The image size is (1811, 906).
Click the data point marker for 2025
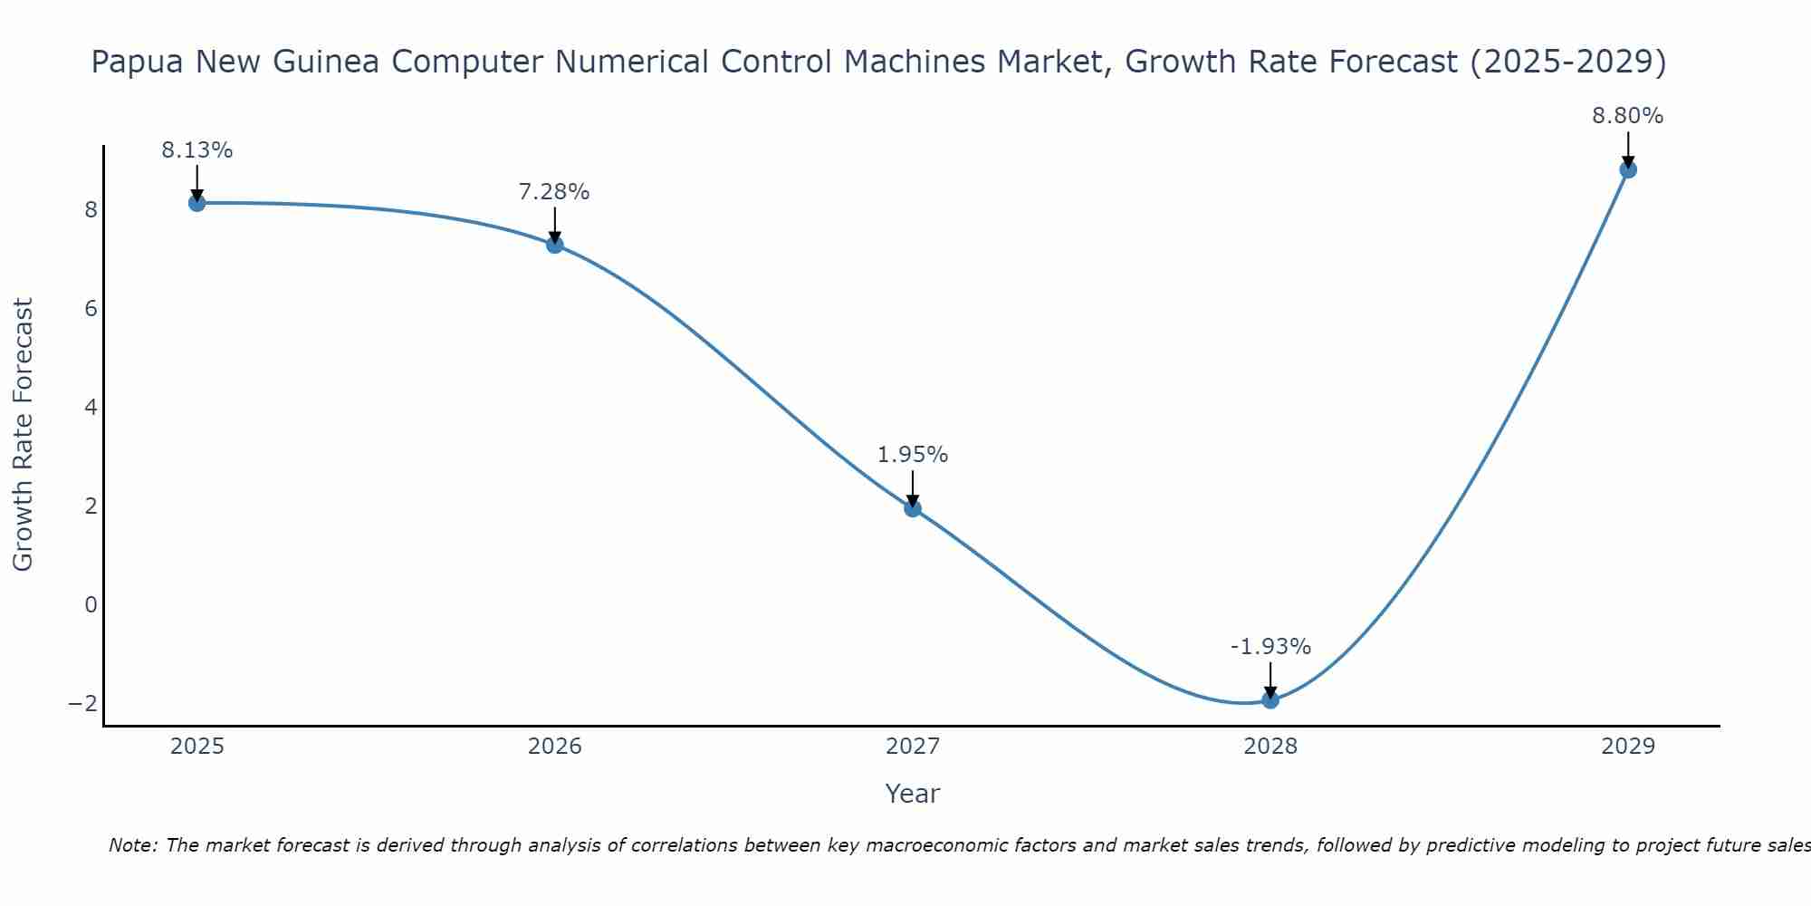click(197, 203)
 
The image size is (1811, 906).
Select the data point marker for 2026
click(555, 245)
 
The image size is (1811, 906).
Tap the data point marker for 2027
click(913, 508)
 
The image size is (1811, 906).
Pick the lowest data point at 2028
click(1270, 699)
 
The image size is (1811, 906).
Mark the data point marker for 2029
click(1628, 169)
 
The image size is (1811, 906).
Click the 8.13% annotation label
click(197, 150)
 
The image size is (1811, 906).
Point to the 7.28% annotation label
click(554, 192)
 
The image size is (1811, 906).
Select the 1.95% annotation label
click(913, 455)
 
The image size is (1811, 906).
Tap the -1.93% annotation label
click(1270, 647)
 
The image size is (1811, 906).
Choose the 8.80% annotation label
click(1628, 116)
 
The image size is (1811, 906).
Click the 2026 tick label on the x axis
click(555, 747)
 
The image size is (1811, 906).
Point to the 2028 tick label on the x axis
click(1270, 747)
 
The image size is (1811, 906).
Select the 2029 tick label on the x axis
click(1628, 747)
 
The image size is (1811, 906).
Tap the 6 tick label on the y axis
click(91, 309)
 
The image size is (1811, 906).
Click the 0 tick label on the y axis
click(91, 604)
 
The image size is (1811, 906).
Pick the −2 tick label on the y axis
click(83, 703)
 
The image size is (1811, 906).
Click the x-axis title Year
click(913, 794)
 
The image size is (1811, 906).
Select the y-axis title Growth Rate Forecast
click(24, 434)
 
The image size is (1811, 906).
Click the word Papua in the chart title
click(135, 62)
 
